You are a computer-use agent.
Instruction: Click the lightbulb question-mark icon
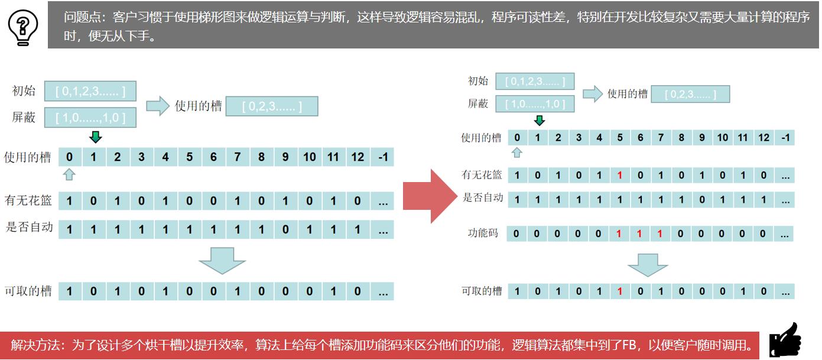pyautogui.click(x=23, y=25)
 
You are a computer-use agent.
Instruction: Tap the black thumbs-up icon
pyautogui.click(x=785, y=340)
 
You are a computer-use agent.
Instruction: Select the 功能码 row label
pyautogui.click(x=483, y=233)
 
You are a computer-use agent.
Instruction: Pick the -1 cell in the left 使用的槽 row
pyautogui.click(x=382, y=157)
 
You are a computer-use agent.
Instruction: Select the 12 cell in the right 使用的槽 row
pyautogui.click(x=763, y=138)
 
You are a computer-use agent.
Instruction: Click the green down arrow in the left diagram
pyautogui.click(x=96, y=137)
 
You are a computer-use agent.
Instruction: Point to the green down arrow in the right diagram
pyautogui.click(x=539, y=121)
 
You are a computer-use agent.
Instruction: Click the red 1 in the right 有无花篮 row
pyautogui.click(x=619, y=176)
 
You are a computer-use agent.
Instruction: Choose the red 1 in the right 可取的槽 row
pyautogui.click(x=619, y=291)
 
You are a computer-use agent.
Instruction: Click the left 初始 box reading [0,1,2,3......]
pyautogui.click(x=90, y=92)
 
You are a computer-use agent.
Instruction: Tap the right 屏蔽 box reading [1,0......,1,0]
pyautogui.click(x=535, y=104)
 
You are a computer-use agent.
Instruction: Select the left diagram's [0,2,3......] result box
pyautogui.click(x=272, y=106)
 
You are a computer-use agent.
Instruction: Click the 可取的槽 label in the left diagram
pyautogui.click(x=28, y=291)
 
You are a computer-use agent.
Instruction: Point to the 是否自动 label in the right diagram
pyautogui.click(x=483, y=198)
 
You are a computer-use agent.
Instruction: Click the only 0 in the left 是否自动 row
pyautogui.click(x=285, y=229)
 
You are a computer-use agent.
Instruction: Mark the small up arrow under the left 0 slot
pyautogui.click(x=69, y=174)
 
